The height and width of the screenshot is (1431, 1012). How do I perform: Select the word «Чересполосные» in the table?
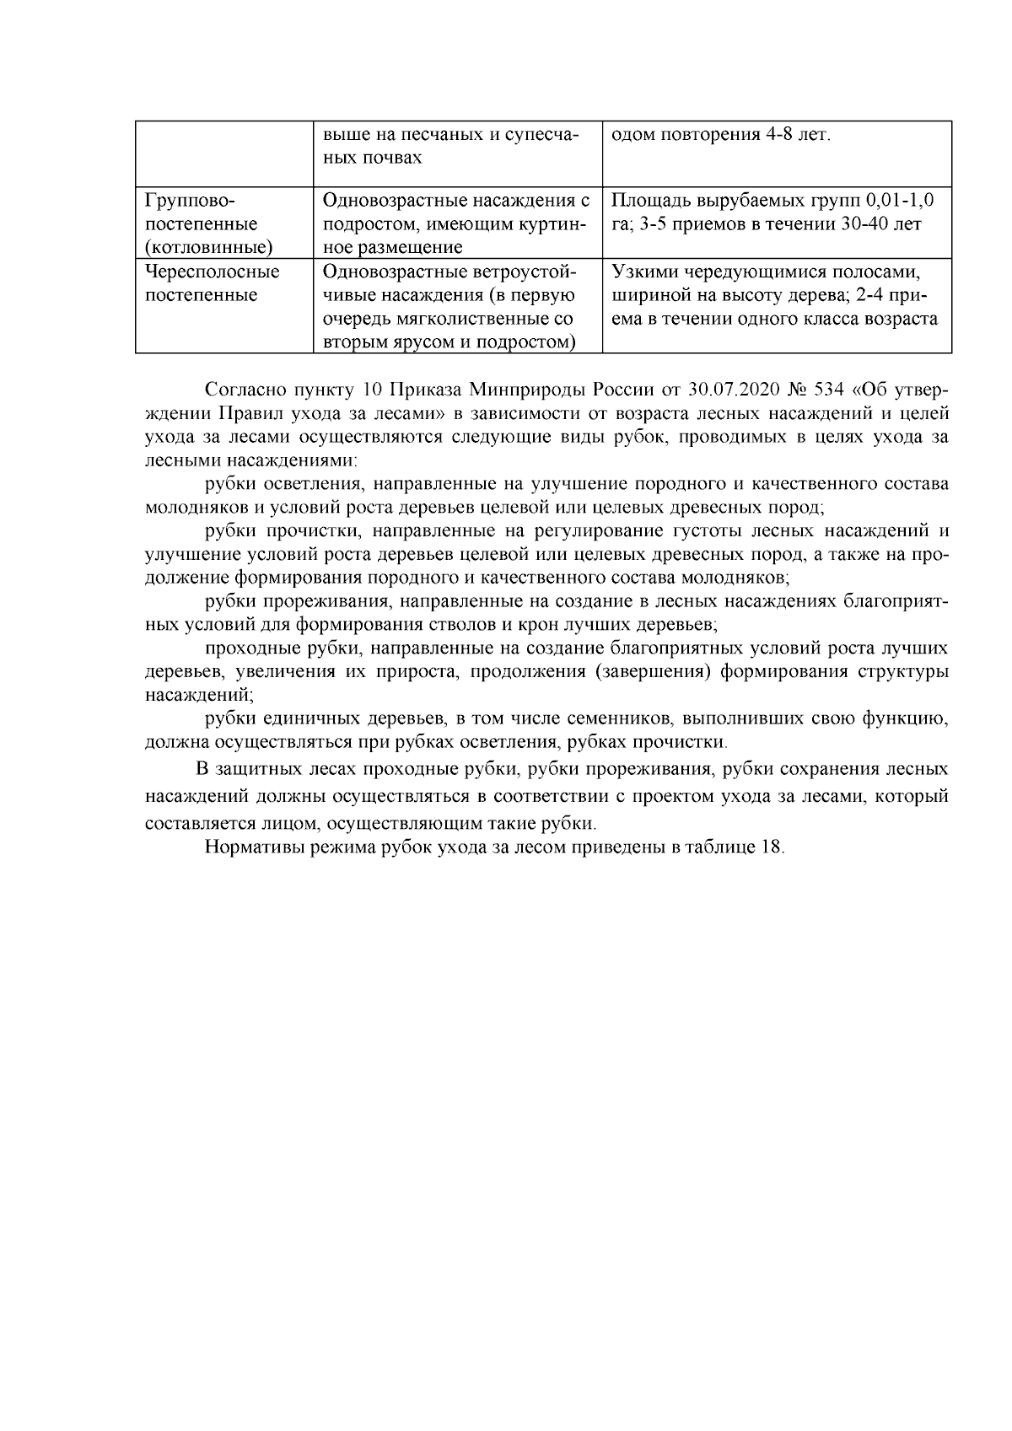click(x=212, y=272)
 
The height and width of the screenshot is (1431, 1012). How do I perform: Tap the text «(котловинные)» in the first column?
click(x=208, y=248)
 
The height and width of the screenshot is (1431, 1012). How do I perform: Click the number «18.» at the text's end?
click(x=772, y=847)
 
